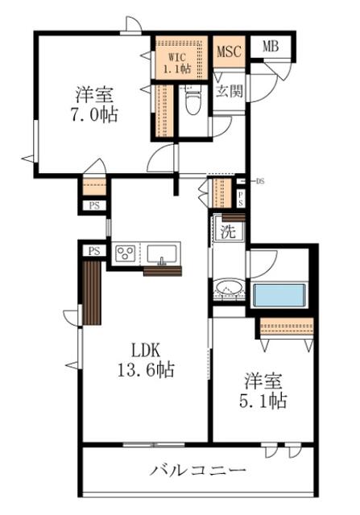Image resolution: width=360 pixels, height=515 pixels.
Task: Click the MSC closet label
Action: (230, 51)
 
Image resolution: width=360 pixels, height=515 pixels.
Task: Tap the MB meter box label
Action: (271, 47)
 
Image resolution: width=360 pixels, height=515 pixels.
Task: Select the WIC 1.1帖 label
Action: (177, 63)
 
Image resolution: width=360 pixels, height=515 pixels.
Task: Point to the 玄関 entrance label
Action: (230, 91)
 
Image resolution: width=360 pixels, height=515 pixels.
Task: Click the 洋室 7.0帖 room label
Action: (95, 104)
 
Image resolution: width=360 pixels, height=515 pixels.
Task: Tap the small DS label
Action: (260, 181)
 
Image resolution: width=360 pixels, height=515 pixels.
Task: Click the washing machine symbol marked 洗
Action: (228, 232)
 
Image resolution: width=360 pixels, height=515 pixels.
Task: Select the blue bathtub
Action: (279, 295)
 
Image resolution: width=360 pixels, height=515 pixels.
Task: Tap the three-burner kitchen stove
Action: (126, 253)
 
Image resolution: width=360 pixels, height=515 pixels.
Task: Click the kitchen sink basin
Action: (161, 254)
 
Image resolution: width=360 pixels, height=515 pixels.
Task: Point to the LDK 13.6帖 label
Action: (146, 360)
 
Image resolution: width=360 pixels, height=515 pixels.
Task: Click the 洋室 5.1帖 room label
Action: (263, 390)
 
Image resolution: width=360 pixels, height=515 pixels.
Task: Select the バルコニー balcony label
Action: (198, 471)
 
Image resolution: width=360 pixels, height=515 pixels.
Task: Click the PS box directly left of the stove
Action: (94, 251)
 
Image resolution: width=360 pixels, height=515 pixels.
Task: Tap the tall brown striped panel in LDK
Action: (92, 293)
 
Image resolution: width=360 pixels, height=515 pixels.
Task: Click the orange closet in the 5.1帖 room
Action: (287, 327)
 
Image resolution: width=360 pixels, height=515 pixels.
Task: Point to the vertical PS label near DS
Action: (241, 199)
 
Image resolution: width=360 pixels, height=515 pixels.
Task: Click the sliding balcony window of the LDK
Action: (154, 445)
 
